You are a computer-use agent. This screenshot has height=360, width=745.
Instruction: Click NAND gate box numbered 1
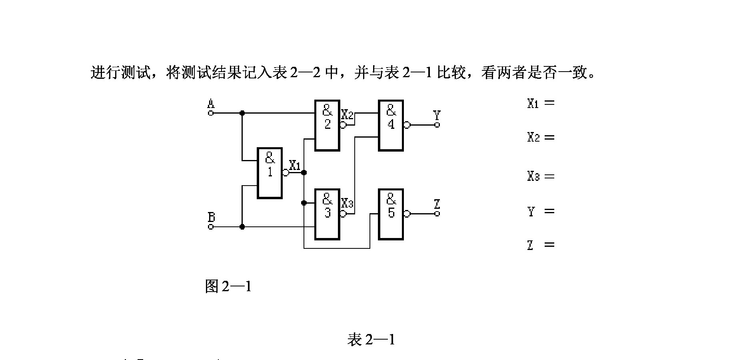(270, 173)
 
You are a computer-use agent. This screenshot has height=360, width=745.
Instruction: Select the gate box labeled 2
(327, 125)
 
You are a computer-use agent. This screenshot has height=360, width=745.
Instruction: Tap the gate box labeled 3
(327, 214)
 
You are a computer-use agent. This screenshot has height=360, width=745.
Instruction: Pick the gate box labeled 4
(391, 125)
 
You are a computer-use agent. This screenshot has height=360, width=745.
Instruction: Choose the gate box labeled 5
(391, 214)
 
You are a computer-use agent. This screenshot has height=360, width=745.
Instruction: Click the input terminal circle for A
(211, 113)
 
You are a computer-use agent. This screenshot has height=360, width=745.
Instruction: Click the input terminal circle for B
(211, 227)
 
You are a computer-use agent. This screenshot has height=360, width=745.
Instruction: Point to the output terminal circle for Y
(437, 125)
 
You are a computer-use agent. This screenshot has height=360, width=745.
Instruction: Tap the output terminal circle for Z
(437, 214)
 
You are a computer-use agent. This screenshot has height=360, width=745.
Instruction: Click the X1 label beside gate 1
(295, 165)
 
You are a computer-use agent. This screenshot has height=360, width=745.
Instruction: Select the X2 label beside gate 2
(347, 115)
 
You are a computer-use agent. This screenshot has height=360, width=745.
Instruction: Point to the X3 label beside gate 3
(347, 204)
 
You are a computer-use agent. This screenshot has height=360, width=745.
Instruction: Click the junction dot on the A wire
(242, 113)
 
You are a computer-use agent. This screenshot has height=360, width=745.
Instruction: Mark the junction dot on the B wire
(242, 227)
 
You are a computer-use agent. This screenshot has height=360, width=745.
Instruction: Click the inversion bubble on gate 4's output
(407, 125)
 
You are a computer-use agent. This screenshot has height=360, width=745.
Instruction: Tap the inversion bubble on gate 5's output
(407, 214)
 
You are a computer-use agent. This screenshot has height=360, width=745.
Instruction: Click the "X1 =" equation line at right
(541, 103)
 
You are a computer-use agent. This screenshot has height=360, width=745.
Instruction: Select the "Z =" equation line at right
(541, 245)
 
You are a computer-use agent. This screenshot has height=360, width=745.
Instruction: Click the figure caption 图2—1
(228, 286)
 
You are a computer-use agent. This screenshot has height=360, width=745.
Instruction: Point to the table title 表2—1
(371, 340)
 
